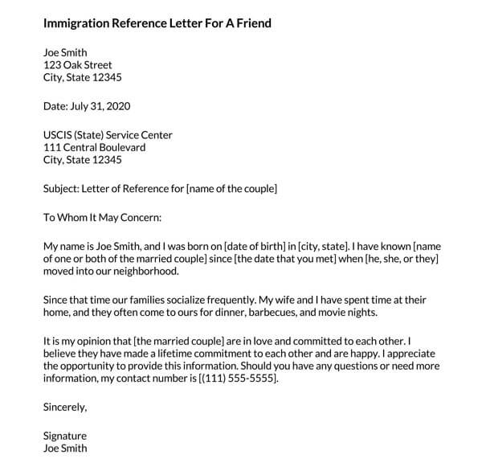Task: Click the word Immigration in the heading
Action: click(x=76, y=23)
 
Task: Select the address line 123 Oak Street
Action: click(x=78, y=65)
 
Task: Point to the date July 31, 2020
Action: click(x=100, y=106)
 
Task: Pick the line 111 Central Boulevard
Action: click(x=94, y=148)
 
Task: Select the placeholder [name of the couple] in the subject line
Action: click(x=231, y=189)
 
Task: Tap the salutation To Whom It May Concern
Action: click(x=102, y=217)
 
